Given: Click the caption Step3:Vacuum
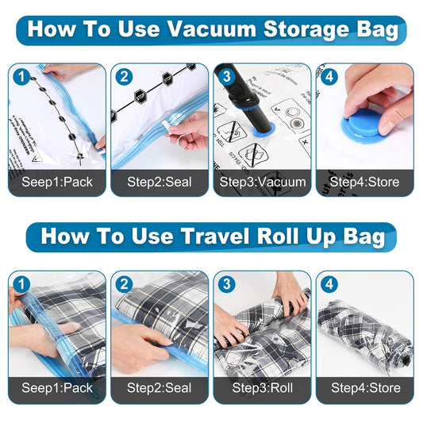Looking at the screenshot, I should tap(263, 182).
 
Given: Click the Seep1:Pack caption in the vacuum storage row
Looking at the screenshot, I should tap(56, 182).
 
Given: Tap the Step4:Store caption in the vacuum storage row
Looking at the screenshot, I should tap(365, 182).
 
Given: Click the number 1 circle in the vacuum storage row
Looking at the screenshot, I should tap(22, 79).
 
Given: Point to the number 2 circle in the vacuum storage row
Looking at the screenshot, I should tap(125, 79).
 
